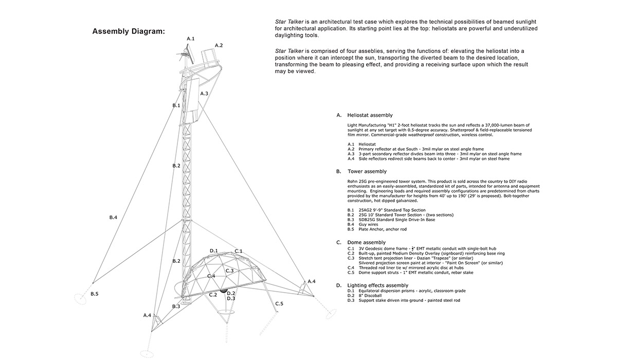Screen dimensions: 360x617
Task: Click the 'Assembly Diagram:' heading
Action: click(x=129, y=31)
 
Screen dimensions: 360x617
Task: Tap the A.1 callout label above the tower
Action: click(x=190, y=39)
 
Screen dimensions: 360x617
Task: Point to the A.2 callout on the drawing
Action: click(x=219, y=45)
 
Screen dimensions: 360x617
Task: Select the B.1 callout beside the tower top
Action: click(x=176, y=105)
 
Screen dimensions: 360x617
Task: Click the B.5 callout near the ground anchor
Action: click(x=94, y=294)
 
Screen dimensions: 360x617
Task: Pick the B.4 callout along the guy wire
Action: click(x=113, y=218)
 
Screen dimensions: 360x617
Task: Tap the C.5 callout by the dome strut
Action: click(x=279, y=303)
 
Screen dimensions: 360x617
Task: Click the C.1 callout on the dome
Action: click(x=239, y=251)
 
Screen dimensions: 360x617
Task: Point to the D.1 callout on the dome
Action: click(x=214, y=250)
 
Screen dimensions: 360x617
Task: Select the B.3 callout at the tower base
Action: click(x=176, y=307)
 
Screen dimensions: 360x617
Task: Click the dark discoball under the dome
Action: click(x=223, y=291)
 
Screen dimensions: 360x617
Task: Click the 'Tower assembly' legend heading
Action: click(x=367, y=171)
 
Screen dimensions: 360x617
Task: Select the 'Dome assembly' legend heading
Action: click(x=366, y=242)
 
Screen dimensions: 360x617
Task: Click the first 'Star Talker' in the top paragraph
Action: click(x=289, y=22)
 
